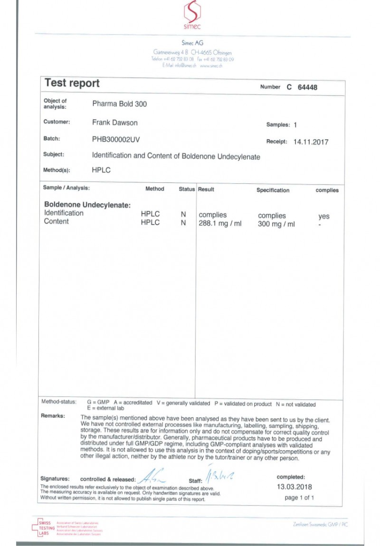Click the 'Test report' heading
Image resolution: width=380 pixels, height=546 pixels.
[72, 83]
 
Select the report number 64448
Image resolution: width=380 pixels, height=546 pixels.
[307, 87]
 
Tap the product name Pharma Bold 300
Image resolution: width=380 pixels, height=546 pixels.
[119, 104]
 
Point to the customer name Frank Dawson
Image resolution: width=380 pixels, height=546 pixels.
[114, 122]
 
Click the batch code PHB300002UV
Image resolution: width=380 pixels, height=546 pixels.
[116, 140]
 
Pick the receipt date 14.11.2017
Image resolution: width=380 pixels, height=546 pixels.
[311, 141]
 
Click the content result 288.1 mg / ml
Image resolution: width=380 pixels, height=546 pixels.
[220, 224]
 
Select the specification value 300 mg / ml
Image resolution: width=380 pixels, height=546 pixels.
[276, 224]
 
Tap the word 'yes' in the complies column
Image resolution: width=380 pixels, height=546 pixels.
[323, 216]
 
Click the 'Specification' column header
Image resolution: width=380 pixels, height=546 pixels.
[273, 190]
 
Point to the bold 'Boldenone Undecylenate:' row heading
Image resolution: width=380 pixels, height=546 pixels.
[87, 205]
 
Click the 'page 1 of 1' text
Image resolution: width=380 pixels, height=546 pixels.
[299, 498]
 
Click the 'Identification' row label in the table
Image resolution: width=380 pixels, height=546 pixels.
[64, 213]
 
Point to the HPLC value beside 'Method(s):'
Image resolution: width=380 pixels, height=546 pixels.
[101, 169]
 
